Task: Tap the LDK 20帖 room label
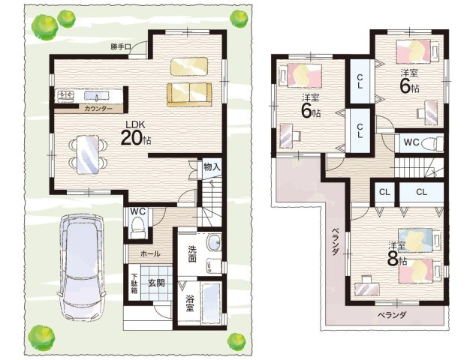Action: [136, 133]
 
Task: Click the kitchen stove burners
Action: [65, 96]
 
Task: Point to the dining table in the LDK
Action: [88, 154]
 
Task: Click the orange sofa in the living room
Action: [189, 95]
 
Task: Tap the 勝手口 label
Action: [121, 46]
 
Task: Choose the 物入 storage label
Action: [212, 166]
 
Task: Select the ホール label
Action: [150, 253]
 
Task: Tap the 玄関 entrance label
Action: [156, 283]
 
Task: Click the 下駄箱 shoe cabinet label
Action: [134, 284]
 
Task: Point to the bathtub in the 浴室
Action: [211, 303]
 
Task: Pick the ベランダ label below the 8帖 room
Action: [392, 315]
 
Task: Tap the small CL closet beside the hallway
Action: [384, 192]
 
